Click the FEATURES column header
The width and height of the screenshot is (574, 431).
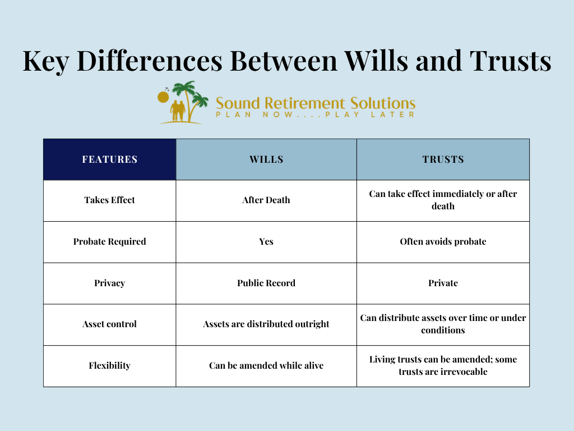tap(109, 159)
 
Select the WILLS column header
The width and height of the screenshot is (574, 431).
tap(266, 159)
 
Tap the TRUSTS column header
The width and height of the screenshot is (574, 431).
tap(443, 159)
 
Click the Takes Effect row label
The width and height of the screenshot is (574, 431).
tap(109, 200)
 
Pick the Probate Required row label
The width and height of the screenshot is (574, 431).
tap(109, 242)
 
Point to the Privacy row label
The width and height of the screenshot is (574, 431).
tap(109, 283)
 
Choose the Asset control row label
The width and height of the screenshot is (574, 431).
tap(109, 324)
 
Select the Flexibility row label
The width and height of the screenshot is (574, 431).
tap(109, 366)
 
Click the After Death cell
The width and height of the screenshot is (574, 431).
tap(266, 200)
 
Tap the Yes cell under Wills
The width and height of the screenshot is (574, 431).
tap(266, 242)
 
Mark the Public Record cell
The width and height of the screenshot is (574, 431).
tap(266, 283)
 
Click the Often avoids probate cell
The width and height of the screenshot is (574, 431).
tap(443, 242)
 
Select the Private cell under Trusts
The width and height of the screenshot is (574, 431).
tap(443, 283)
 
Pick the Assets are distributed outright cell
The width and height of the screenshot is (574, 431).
tap(266, 324)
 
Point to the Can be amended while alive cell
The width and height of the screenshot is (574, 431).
tap(266, 366)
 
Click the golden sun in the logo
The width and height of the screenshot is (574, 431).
tap(163, 97)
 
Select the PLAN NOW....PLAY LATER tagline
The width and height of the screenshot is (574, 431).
tap(315, 114)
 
